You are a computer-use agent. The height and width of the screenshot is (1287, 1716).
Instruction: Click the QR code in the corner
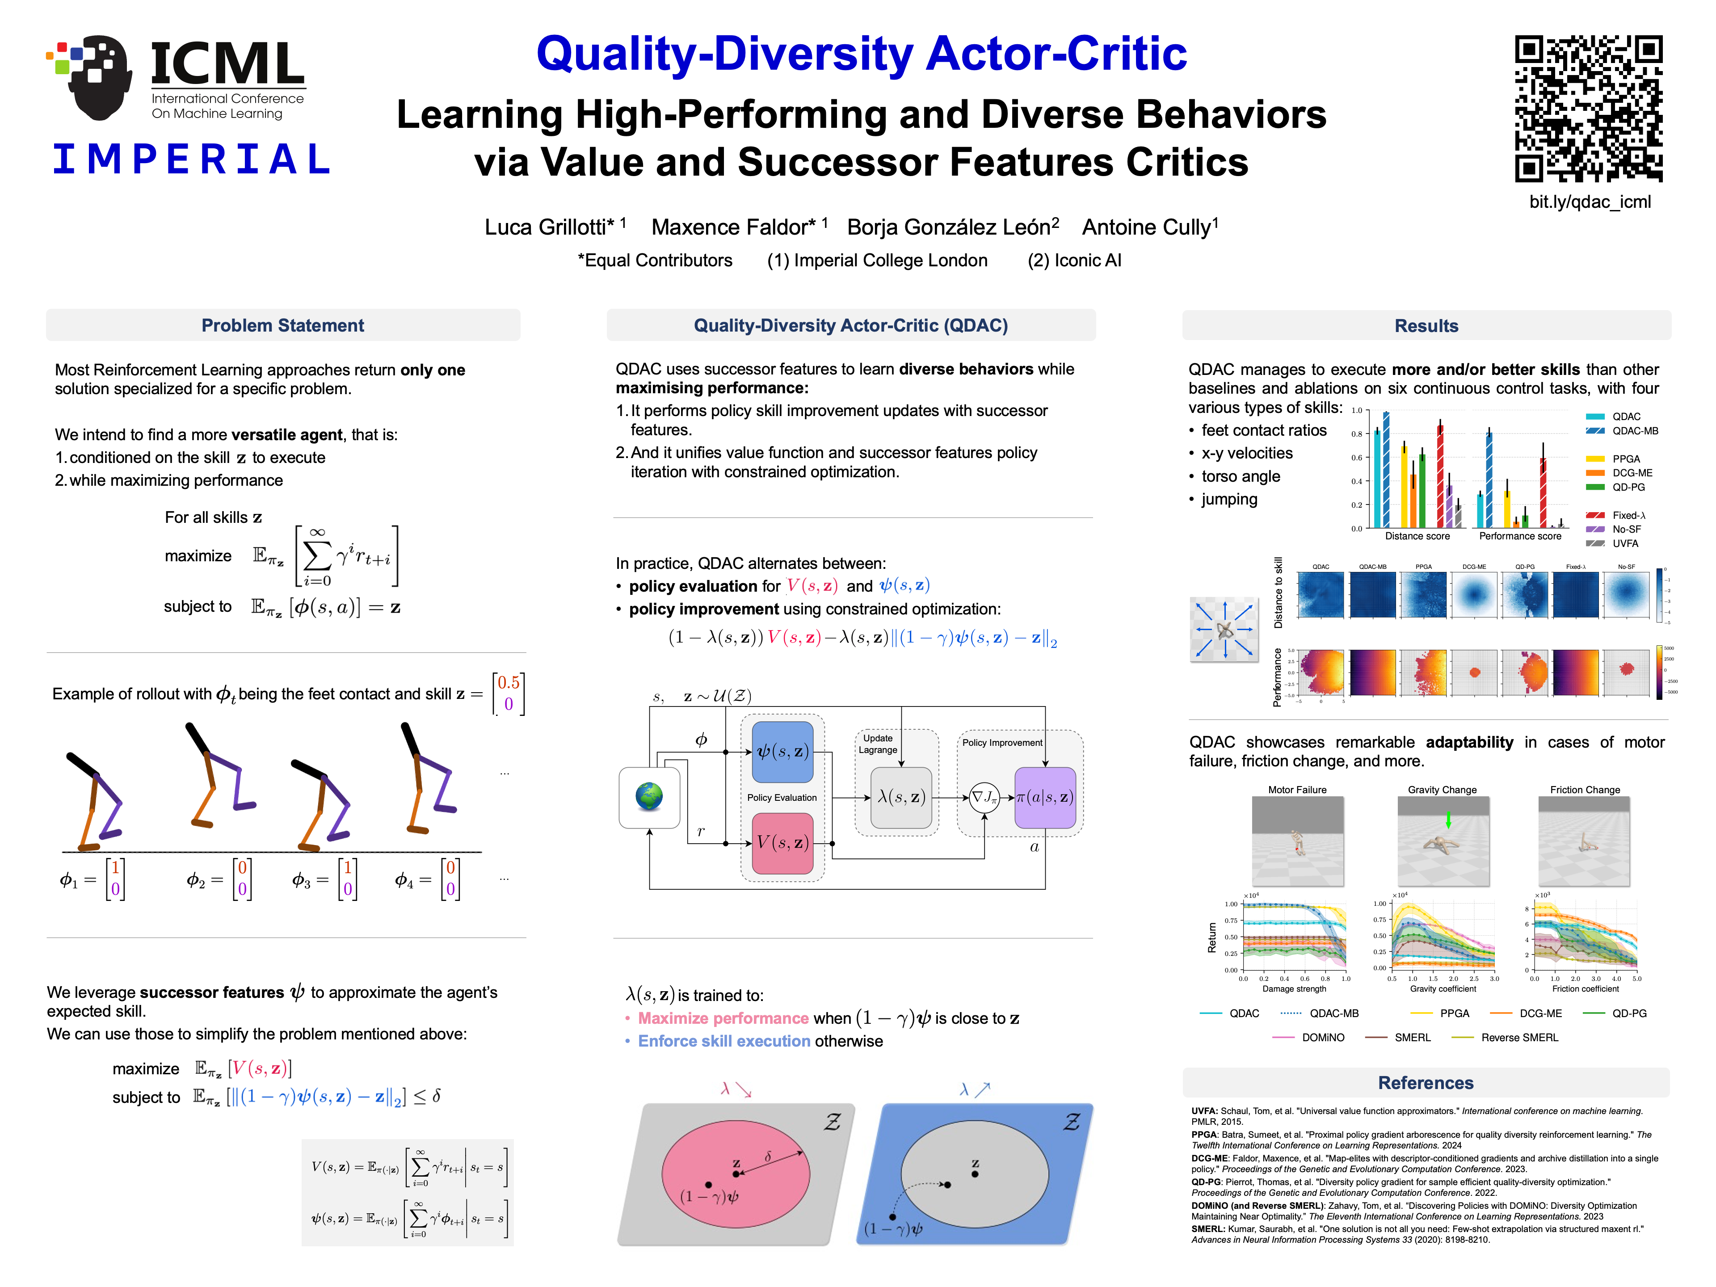click(x=1588, y=109)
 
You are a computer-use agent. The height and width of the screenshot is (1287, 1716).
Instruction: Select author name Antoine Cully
click(x=1150, y=227)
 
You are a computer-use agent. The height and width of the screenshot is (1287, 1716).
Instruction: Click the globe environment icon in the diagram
click(x=649, y=797)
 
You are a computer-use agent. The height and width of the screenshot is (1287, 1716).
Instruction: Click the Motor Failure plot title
click(x=1297, y=790)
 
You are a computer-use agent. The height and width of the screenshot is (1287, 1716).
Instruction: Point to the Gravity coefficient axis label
click(x=1442, y=989)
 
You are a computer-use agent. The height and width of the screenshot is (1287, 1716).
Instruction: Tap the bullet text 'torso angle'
click(x=1241, y=476)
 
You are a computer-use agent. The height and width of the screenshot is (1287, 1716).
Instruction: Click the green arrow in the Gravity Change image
click(x=1447, y=819)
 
